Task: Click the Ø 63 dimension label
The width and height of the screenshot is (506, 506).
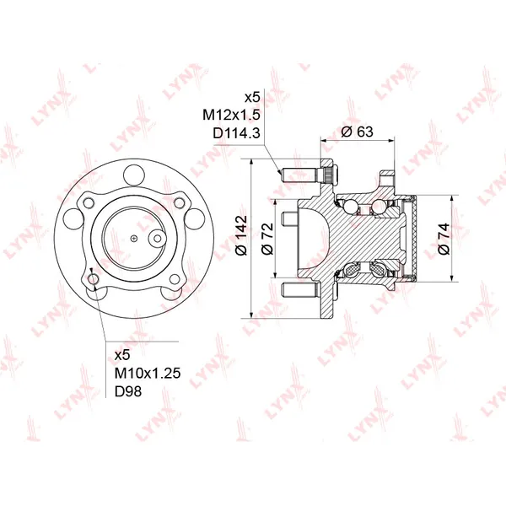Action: [x=357, y=132]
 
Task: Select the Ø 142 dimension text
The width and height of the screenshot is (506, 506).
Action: [x=241, y=235]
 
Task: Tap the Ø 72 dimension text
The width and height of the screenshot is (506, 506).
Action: [x=267, y=239]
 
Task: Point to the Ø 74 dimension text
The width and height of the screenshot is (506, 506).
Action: [x=444, y=239]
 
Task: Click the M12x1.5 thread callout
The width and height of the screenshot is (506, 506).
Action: [x=231, y=115]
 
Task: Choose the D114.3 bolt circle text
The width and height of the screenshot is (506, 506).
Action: [x=236, y=133]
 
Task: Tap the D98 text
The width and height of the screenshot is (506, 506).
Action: [x=128, y=391]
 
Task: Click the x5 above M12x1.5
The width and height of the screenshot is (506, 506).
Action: [x=252, y=97]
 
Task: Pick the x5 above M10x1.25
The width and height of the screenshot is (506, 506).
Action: [x=122, y=355]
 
